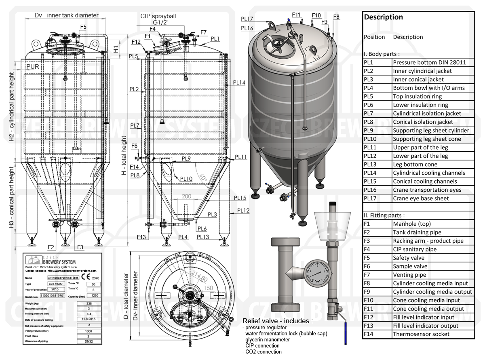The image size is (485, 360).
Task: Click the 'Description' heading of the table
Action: [383, 17]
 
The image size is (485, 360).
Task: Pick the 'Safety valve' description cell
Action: [409, 258]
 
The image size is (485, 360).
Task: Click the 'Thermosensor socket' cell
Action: [421, 334]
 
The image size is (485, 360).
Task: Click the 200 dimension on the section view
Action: [186, 196]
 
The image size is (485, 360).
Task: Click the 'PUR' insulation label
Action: [33, 66]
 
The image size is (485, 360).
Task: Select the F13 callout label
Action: [141, 237]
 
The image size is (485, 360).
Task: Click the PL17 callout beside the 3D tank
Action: [247, 19]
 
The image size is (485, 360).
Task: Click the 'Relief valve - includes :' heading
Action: [277, 321]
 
